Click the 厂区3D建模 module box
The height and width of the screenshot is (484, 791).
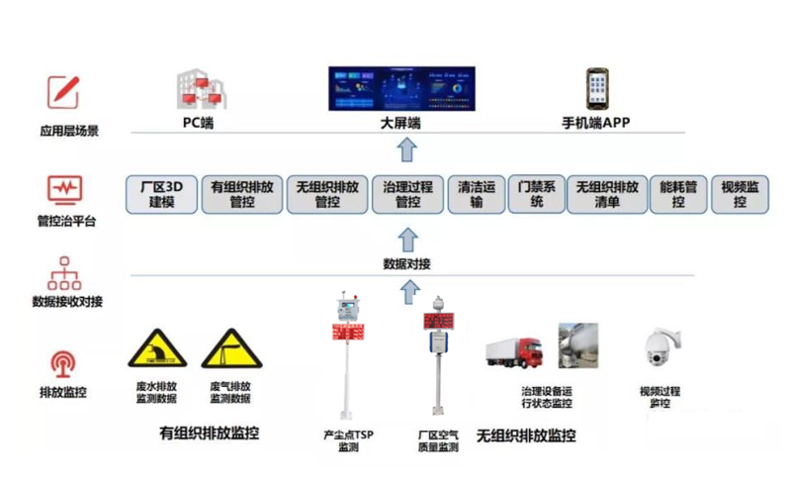(x=161, y=194)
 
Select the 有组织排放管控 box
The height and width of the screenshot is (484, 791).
(x=242, y=194)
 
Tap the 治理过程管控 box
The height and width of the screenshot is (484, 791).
(x=407, y=194)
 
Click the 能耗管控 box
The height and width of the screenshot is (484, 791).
(x=678, y=194)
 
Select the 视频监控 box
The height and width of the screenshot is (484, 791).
(x=740, y=194)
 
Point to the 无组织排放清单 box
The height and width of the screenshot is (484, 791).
(x=606, y=194)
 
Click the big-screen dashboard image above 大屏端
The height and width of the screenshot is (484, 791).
(x=401, y=88)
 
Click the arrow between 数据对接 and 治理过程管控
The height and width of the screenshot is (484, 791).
(x=406, y=239)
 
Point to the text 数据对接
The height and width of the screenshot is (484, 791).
(x=406, y=264)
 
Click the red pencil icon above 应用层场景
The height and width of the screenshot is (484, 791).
(x=63, y=92)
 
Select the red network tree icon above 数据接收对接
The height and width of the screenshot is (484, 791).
(x=64, y=272)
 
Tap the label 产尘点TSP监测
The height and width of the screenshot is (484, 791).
(x=348, y=440)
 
